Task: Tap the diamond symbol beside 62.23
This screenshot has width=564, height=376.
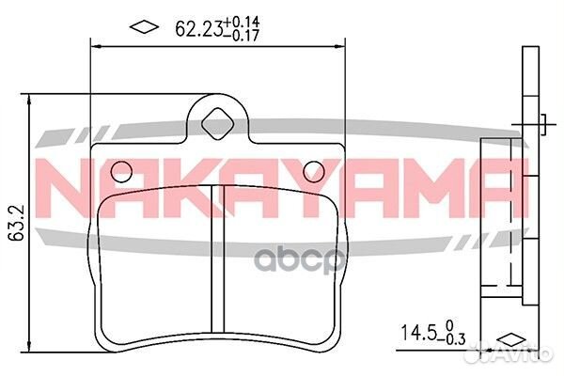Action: coord(143,26)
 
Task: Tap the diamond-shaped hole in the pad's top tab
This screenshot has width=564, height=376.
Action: coord(218,121)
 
